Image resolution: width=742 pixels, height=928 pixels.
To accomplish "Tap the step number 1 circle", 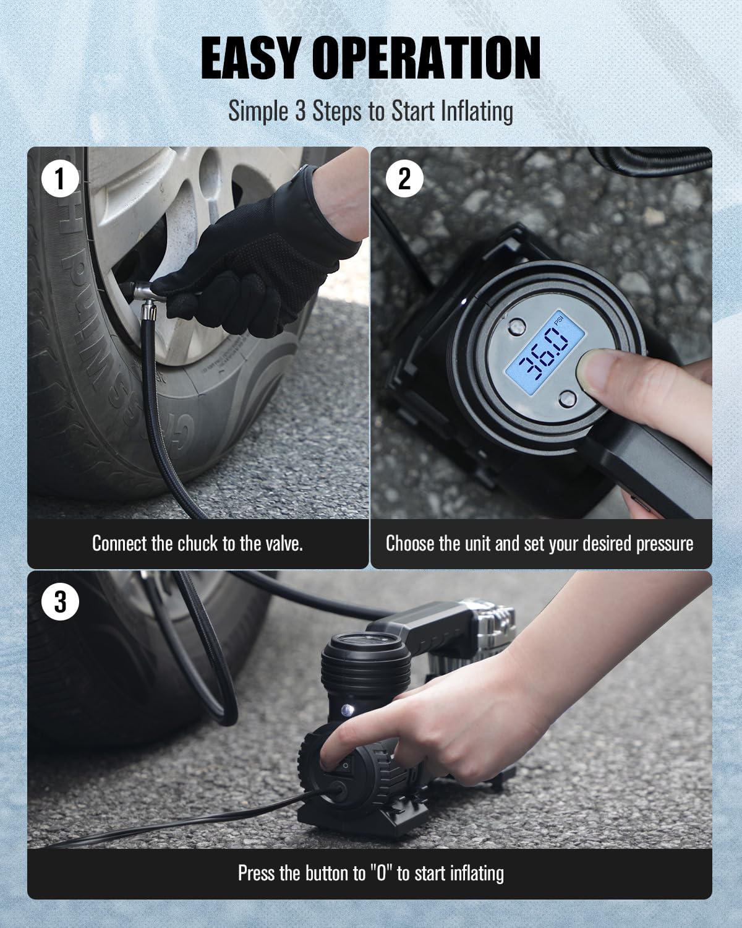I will pyautogui.click(x=60, y=179).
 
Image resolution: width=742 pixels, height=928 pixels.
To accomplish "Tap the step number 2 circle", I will pyautogui.click(x=404, y=179).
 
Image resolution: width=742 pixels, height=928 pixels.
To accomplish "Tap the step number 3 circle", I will pyautogui.click(x=60, y=601).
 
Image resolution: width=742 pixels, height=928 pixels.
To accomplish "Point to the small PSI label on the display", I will pyautogui.click(x=558, y=323).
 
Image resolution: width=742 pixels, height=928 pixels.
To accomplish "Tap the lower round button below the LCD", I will pyautogui.click(x=567, y=400).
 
